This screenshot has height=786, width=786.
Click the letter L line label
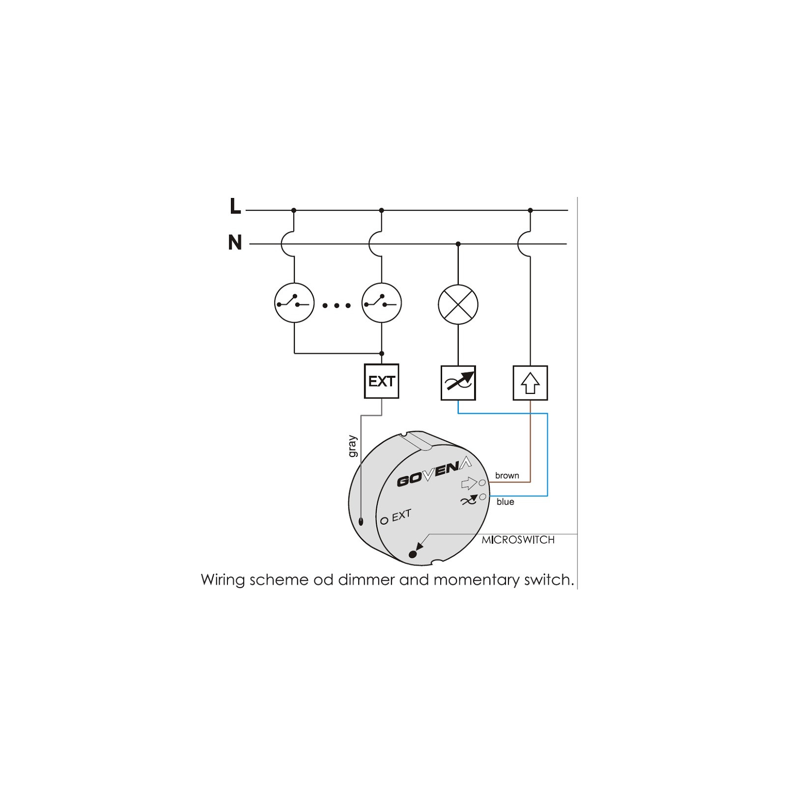click(x=235, y=206)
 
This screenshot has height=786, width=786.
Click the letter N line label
click(x=235, y=243)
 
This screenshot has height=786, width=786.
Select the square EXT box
click(x=381, y=381)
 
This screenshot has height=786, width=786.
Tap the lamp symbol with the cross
click(x=458, y=305)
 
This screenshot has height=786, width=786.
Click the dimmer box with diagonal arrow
click(x=458, y=383)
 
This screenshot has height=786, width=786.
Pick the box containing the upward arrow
click(x=530, y=383)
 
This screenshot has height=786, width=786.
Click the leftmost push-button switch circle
click(x=294, y=303)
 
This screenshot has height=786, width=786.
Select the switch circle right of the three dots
click(x=382, y=303)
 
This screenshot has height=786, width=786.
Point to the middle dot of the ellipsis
click(x=337, y=306)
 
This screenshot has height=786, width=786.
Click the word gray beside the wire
click(x=353, y=447)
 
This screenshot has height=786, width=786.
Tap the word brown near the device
click(x=507, y=476)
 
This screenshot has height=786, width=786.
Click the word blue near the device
click(x=505, y=502)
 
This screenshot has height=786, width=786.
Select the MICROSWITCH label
click(x=518, y=540)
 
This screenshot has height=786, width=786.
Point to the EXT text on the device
click(x=401, y=515)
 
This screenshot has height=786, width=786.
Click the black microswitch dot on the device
click(x=413, y=554)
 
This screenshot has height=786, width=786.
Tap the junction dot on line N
click(x=458, y=244)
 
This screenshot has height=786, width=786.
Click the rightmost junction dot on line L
click(x=530, y=210)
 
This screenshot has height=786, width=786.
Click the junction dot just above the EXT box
click(x=382, y=353)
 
